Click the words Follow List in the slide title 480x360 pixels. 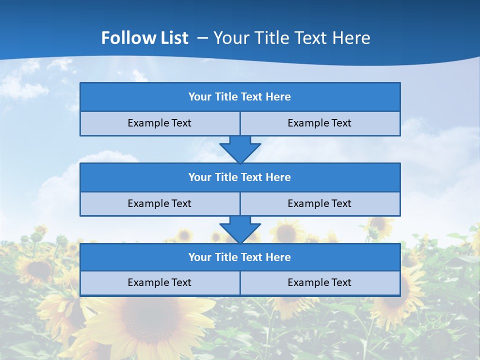[144, 38]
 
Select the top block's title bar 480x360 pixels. [240, 97]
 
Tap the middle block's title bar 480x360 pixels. [240, 177]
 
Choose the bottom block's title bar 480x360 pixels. [240, 257]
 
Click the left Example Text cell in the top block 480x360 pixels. [159, 123]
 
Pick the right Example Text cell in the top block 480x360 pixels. [319, 123]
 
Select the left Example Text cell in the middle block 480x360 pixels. [159, 204]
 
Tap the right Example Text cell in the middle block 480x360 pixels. [319, 204]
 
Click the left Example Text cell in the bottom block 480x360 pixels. [159, 283]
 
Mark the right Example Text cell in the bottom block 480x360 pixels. [319, 283]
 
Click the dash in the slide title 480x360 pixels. [203, 38]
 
